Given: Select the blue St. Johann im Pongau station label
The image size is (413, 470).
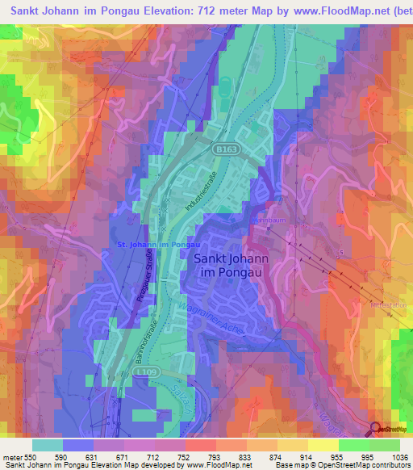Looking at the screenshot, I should [x=158, y=244].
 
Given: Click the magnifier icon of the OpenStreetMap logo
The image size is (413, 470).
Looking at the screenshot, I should [x=374, y=430].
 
